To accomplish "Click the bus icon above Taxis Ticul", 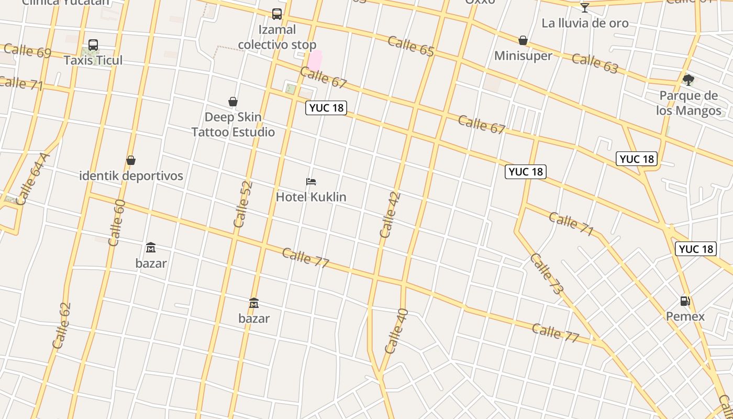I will pos(93,45).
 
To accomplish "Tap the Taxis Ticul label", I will pos(93,60).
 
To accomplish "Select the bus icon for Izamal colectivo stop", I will pos(277,14).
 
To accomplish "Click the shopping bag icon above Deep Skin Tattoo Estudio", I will pos(233,102).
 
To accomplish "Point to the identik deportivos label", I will pos(131,175).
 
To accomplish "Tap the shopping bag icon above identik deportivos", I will pos(131,160).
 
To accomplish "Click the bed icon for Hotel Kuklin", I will pos(311,182).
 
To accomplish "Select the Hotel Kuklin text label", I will pos(311,197).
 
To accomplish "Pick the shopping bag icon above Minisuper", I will pos(523,40).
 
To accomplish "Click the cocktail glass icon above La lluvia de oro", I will pos(585,8).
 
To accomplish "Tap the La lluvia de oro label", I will pos(585,23).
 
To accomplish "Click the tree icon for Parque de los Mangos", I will pos(688,80).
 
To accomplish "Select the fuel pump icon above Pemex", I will pos(685,301).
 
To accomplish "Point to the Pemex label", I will pos(685,316).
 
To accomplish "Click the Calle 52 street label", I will pos(243,204).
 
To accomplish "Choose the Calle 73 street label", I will pos(546,273).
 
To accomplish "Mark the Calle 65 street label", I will pos(411,46).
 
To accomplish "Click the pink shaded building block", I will pos(315,60).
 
